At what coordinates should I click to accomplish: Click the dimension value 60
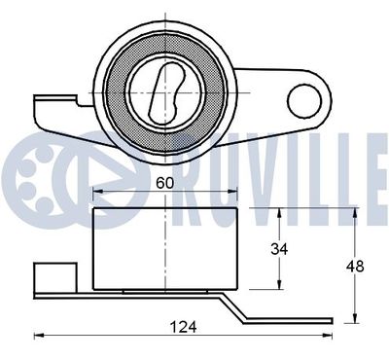(165, 184)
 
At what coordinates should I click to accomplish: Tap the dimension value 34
(279, 249)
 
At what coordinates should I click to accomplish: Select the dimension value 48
(355, 267)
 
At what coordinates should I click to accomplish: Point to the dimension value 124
(184, 327)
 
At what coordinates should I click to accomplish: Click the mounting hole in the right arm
(304, 101)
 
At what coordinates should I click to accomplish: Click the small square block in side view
(55, 277)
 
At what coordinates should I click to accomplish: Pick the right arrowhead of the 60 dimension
(232, 192)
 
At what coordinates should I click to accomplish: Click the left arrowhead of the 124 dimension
(39, 336)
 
